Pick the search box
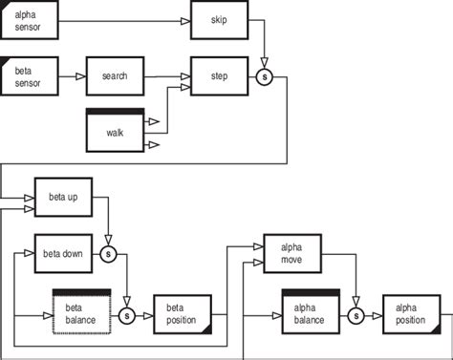pyautogui.click(x=115, y=76)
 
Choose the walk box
pyautogui.click(x=115, y=131)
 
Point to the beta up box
pyautogui.click(x=63, y=198)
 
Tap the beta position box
pyautogui.click(x=182, y=314)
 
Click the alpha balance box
pyautogui.click(x=311, y=313)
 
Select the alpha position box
pyautogui.click(x=411, y=314)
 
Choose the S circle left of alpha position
pyautogui.click(x=356, y=314)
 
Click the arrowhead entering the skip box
pyautogui.click(x=185, y=20)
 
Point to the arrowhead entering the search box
pyautogui.click(x=81, y=74)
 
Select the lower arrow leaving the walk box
pyautogui.click(x=155, y=145)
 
